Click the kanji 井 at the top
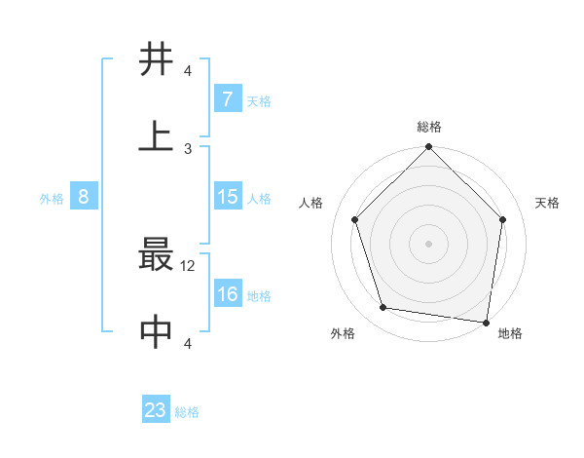tap(157, 59)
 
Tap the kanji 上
tap(157, 135)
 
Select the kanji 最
tap(157, 256)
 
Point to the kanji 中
tap(157, 332)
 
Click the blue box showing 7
tap(227, 99)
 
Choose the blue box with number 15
tap(227, 197)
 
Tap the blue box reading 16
tap(227, 294)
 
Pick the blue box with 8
tap(84, 197)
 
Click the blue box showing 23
tap(156, 410)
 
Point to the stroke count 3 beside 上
tap(189, 148)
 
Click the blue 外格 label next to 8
tap(52, 198)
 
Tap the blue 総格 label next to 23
tap(187, 411)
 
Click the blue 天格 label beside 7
tap(258, 100)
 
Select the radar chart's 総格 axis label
tap(428, 127)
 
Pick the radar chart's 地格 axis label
tap(510, 333)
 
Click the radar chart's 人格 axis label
tap(311, 203)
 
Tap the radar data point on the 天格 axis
tap(502, 220)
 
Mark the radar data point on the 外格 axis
tap(383, 308)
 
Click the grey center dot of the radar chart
tap(428, 243)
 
